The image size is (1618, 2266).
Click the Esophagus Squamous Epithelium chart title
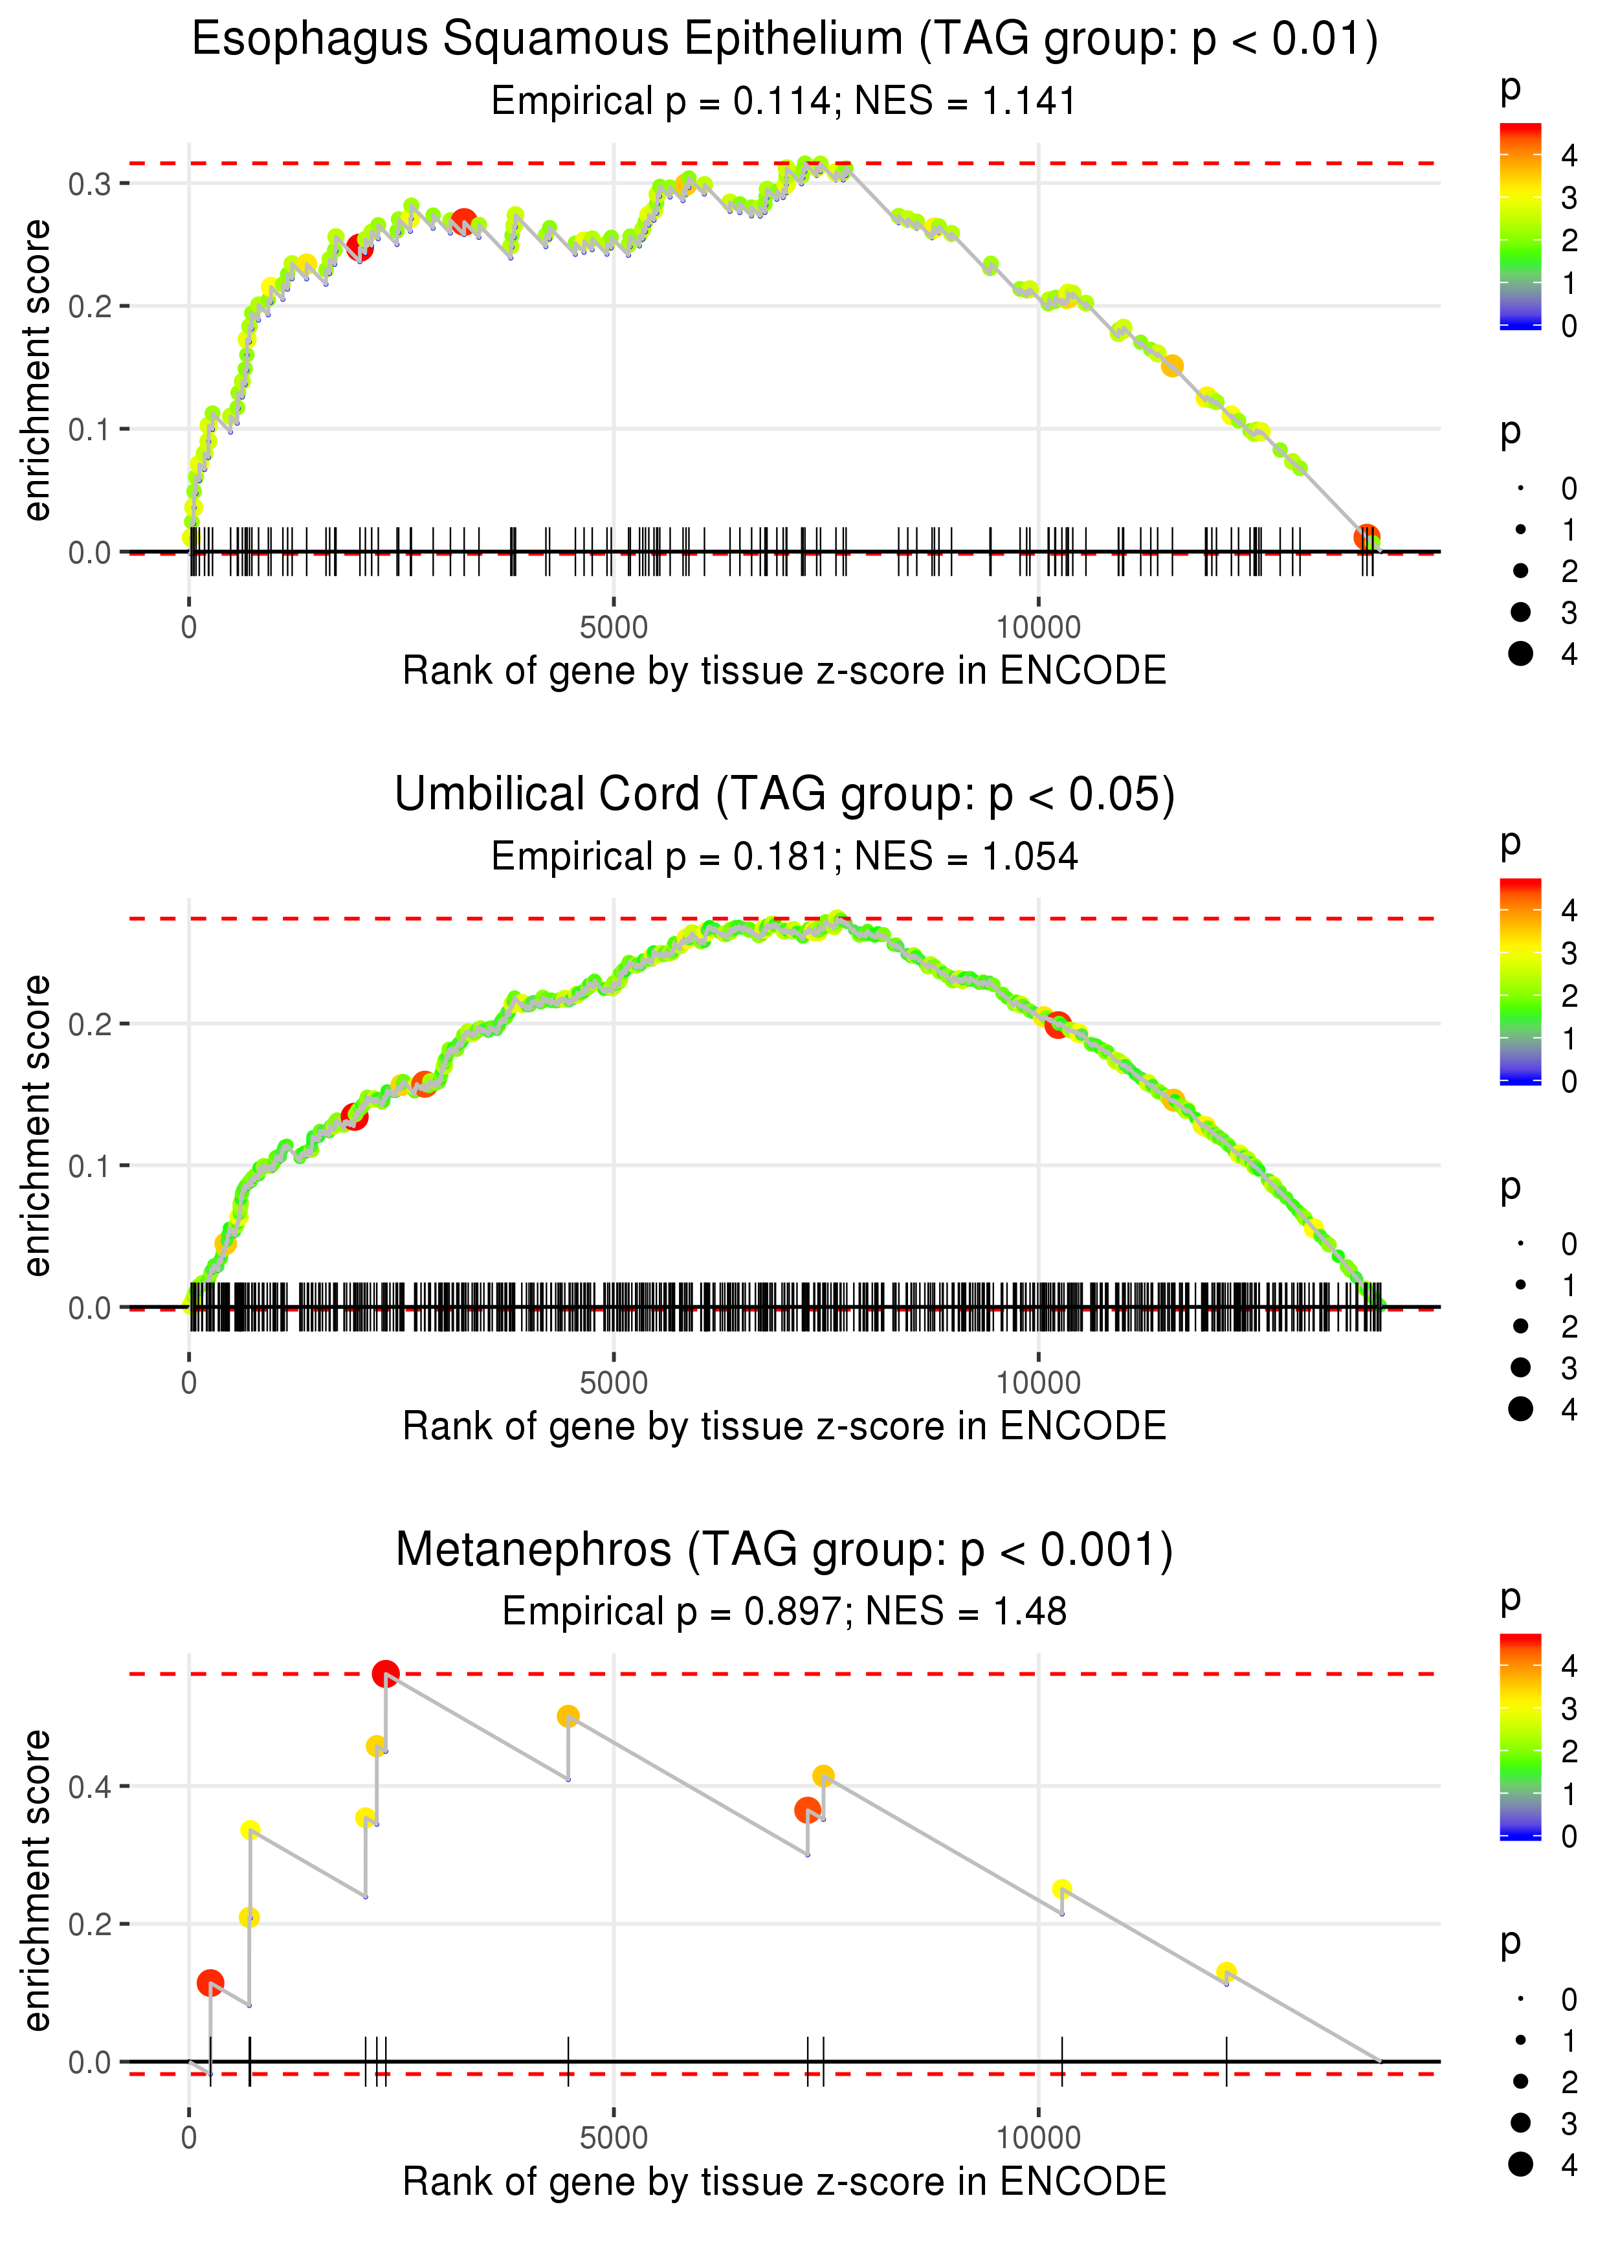click(784, 40)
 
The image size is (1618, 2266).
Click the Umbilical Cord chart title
click(784, 794)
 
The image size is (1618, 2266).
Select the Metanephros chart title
click(784, 1549)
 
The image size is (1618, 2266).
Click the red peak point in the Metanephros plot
click(386, 1674)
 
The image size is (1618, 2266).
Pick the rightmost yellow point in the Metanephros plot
click(1226, 1973)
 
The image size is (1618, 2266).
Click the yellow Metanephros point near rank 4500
click(568, 1716)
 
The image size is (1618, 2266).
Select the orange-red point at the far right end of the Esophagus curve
click(1366, 537)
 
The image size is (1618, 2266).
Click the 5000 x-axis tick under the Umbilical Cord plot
click(613, 1382)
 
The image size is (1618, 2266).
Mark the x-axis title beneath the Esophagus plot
click(784, 671)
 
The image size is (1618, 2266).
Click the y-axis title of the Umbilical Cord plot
click(37, 1126)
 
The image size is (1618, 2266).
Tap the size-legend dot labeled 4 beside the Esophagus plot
click(1520, 654)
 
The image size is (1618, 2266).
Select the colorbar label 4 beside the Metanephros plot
click(1569, 1665)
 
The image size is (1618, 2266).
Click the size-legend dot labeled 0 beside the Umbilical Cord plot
click(1520, 1244)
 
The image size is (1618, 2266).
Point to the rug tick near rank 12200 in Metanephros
click(1226, 2061)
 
